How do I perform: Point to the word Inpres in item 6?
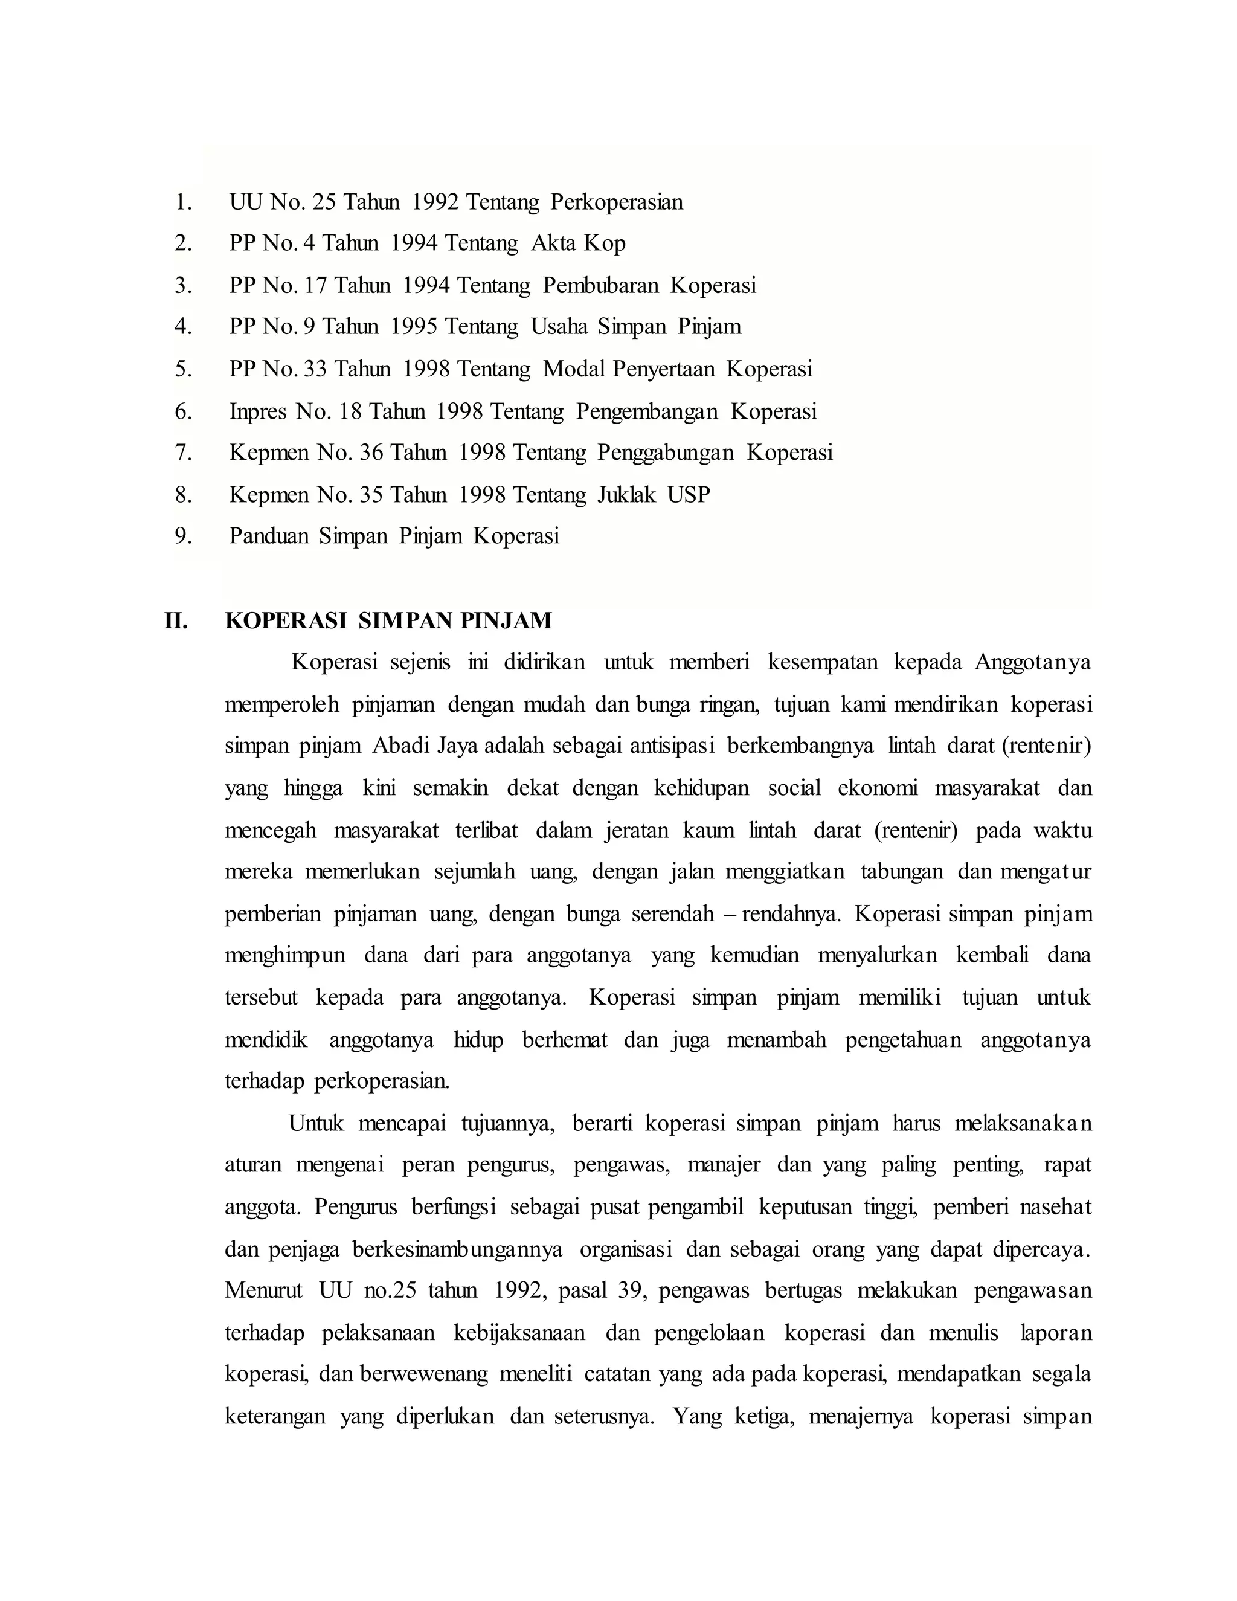point(258,411)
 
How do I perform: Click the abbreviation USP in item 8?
point(688,495)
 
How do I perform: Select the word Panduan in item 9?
point(268,536)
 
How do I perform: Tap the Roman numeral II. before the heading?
point(176,621)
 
